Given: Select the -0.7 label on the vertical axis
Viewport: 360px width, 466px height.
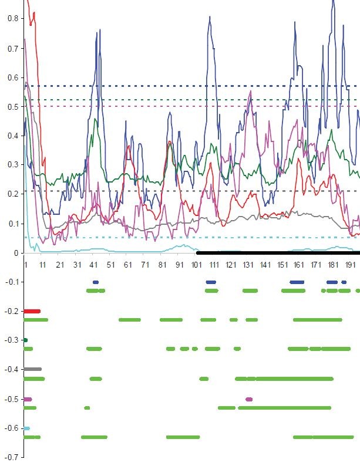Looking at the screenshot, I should tap(11, 457).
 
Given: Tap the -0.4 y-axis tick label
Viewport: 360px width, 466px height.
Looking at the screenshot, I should tap(11, 370).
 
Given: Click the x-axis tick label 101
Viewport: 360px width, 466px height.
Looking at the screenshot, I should tap(197, 265).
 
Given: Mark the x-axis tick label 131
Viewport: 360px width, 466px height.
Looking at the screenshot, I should tap(248, 265).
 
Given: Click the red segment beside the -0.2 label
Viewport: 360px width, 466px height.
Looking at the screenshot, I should tap(32, 311).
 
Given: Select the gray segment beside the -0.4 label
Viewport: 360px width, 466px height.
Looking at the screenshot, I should tap(32, 369).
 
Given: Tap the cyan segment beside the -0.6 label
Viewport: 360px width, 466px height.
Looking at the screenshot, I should tap(26, 428).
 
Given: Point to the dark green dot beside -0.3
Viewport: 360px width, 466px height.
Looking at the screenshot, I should tap(25, 340).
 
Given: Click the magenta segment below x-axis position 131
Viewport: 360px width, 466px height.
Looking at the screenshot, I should tap(249, 399).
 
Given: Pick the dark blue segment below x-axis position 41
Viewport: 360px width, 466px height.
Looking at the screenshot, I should tap(96, 282).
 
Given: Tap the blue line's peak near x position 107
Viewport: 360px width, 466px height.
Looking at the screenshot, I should tap(210, 17).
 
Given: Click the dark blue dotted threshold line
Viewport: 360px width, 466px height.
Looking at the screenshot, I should tap(176, 86).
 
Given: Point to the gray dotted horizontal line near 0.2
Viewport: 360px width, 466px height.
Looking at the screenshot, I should tap(176, 191).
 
